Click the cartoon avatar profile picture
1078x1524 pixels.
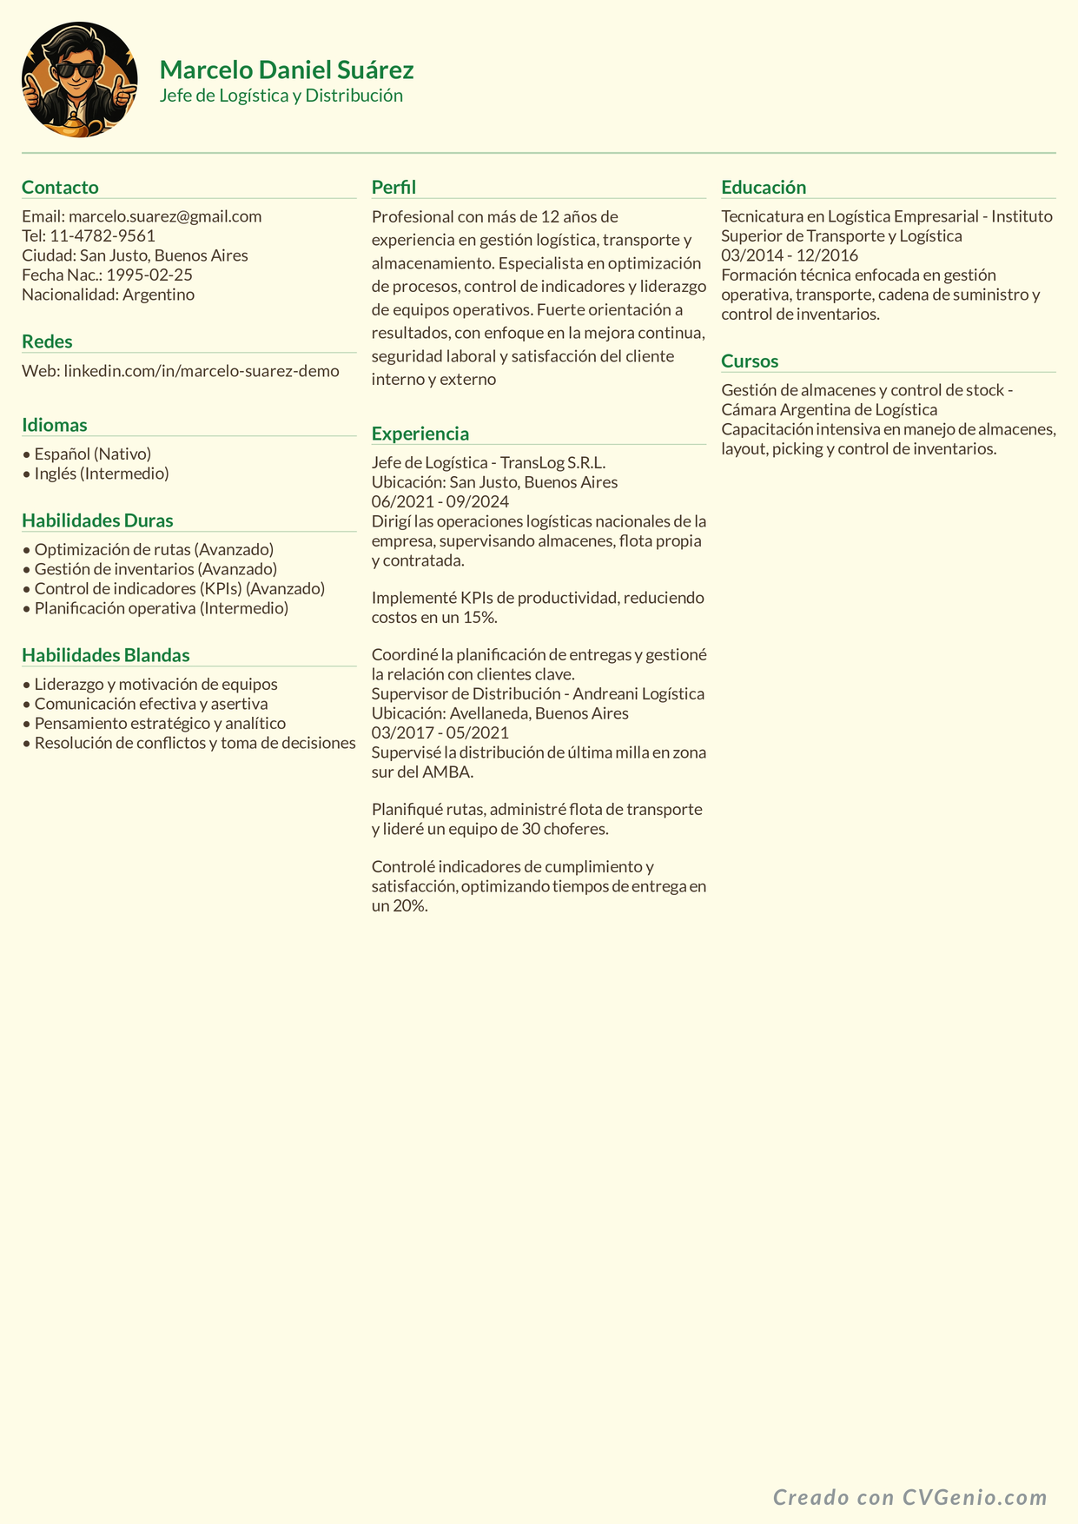pyautogui.click(x=79, y=80)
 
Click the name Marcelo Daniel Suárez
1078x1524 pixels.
pyautogui.click(x=287, y=70)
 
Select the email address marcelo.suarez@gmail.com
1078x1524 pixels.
pyautogui.click(x=165, y=216)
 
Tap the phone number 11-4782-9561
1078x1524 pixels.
pyautogui.click(x=103, y=235)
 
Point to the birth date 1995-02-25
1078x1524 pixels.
pyautogui.click(x=149, y=275)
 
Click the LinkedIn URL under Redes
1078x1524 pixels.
pyautogui.click(x=202, y=371)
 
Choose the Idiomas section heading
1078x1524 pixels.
pyautogui.click(x=55, y=425)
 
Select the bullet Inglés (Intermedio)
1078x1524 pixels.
pyautogui.click(x=102, y=474)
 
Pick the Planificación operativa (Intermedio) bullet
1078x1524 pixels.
pyautogui.click(x=161, y=608)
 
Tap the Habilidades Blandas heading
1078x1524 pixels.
pyautogui.click(x=106, y=655)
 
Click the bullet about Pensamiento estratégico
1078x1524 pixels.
pyautogui.click(x=160, y=723)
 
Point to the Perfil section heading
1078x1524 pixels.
pyautogui.click(x=394, y=187)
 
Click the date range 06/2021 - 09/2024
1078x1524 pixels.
pyautogui.click(x=440, y=501)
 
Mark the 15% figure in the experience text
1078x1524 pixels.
pyautogui.click(x=479, y=618)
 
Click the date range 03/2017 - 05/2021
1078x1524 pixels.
pyautogui.click(x=440, y=732)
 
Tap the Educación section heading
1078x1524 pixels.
pyautogui.click(x=764, y=187)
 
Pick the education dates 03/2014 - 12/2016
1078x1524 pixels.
pyautogui.click(x=790, y=255)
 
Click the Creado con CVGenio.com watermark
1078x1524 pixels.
pyautogui.click(x=910, y=1497)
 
